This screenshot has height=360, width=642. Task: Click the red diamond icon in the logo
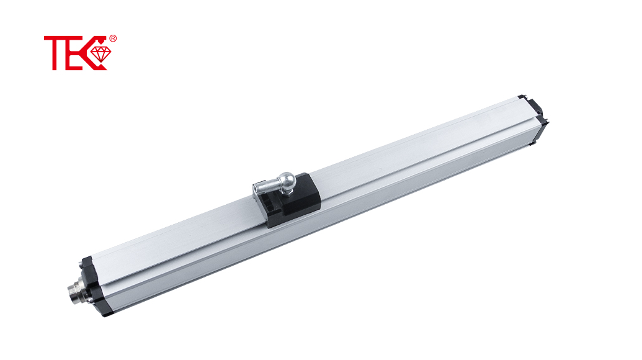100,54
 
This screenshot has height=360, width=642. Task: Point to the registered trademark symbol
113,38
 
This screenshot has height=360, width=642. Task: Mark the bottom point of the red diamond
100,63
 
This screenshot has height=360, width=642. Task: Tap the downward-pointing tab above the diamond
100,42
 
